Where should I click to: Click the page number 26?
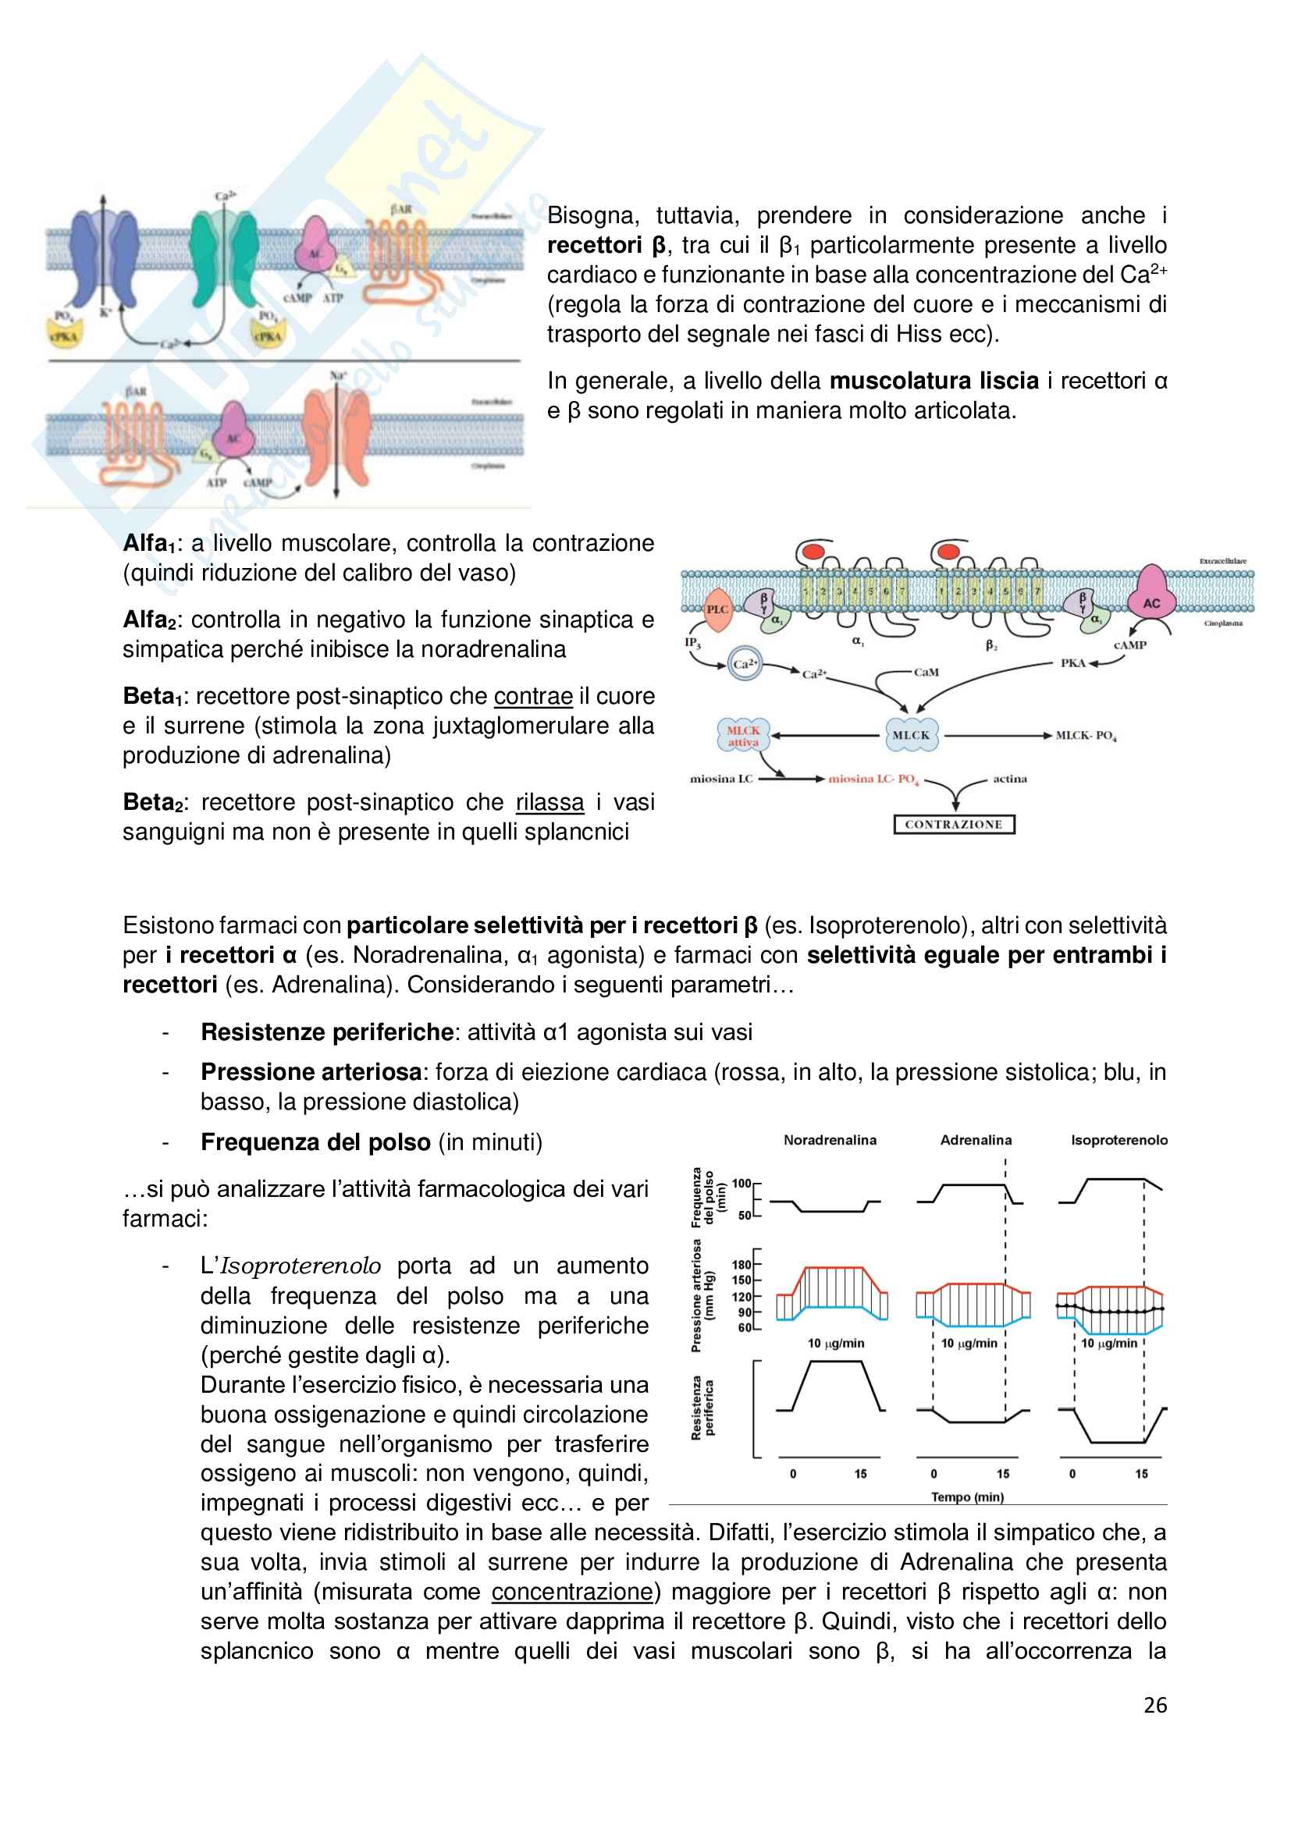(1154, 1705)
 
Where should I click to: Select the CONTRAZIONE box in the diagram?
(953, 824)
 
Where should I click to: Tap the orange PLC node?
(717, 609)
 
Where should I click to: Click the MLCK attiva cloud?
(743, 736)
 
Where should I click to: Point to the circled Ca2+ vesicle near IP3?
(745, 664)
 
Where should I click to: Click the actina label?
(1009, 779)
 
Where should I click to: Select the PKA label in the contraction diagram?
(1072, 663)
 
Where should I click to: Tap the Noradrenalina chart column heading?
(830, 1140)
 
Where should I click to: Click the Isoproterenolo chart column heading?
(1119, 1140)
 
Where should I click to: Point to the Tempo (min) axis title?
(967, 1497)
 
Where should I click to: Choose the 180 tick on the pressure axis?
(741, 1265)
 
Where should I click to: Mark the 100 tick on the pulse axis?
(741, 1184)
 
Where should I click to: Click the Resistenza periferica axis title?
(702, 1408)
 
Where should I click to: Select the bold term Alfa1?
(148, 544)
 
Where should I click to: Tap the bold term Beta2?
(152, 803)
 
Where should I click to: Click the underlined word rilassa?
(549, 803)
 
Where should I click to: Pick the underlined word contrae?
(532, 696)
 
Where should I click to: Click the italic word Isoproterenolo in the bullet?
(301, 1266)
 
